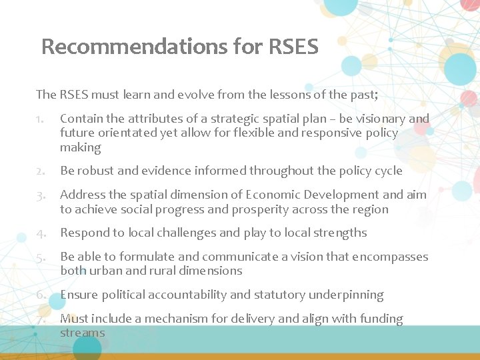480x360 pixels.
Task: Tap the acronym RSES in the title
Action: point(293,47)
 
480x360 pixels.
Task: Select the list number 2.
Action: point(41,171)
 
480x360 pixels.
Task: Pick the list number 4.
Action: point(41,233)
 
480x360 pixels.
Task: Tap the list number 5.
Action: point(41,257)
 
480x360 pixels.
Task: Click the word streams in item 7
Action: point(83,333)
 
